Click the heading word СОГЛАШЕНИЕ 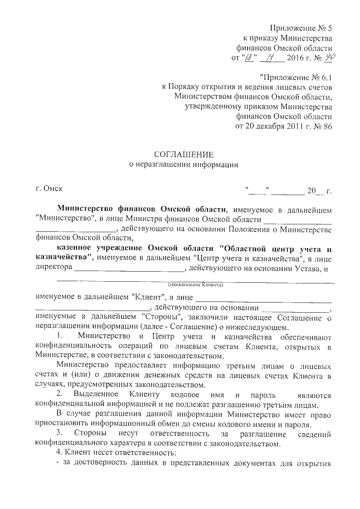[184, 154]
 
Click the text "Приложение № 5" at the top [301, 28]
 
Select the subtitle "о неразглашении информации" [184, 164]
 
